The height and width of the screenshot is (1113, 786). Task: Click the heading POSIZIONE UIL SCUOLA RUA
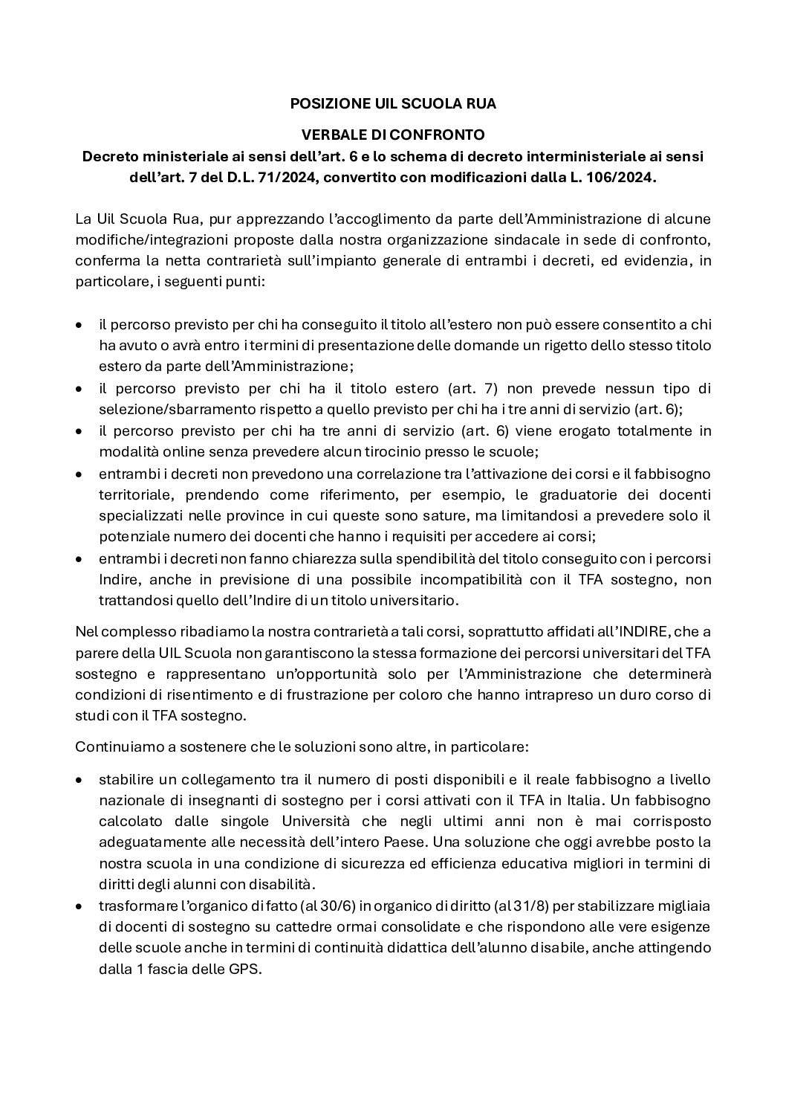(x=393, y=105)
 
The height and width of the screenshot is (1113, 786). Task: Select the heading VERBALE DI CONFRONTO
(x=393, y=135)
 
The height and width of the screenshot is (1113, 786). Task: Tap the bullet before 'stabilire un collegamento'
(x=80, y=780)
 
